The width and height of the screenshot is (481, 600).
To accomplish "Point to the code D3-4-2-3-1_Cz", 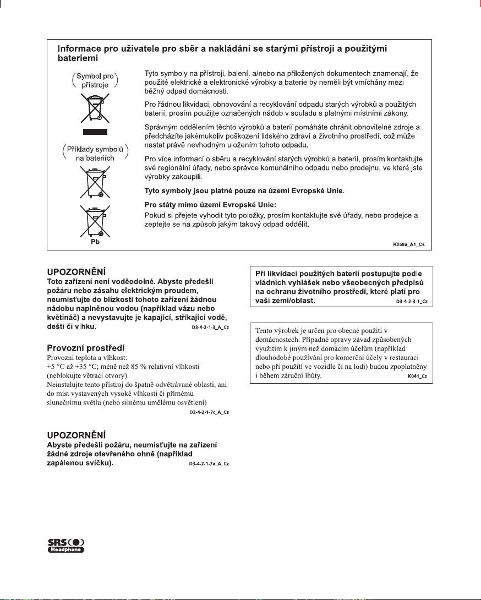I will coord(412,302).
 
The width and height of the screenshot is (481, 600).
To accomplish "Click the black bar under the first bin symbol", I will coord(92,132).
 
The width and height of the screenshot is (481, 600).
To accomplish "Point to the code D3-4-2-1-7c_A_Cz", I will coord(209,412).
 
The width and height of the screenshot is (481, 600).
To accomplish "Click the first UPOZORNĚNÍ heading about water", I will coord(76,271).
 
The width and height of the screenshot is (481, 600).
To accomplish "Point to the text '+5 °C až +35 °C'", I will coord(70,366).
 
